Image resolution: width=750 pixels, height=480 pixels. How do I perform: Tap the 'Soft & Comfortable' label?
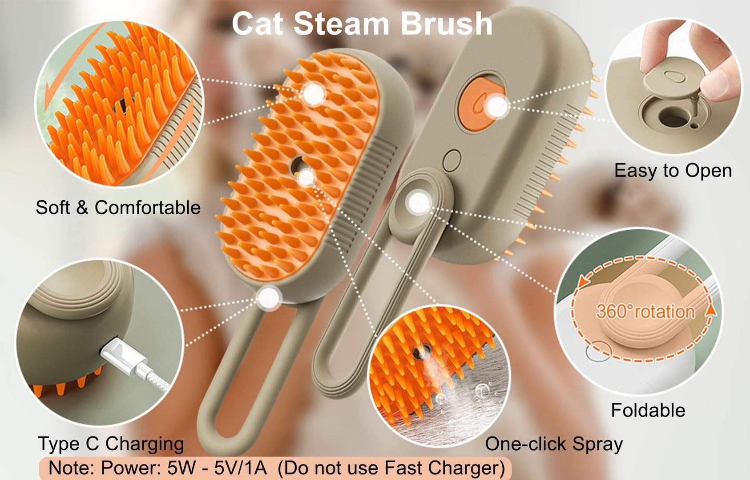(x=118, y=208)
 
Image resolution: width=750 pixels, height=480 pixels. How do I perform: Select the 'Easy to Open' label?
(x=673, y=171)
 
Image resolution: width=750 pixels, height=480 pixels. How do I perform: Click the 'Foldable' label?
(x=648, y=410)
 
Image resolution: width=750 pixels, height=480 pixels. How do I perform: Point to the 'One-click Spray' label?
(x=553, y=444)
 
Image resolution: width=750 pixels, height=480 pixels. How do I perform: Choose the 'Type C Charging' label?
(x=111, y=444)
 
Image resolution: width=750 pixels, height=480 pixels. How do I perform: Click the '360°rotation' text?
(x=645, y=312)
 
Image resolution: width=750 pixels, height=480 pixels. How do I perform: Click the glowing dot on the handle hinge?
(x=419, y=203)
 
